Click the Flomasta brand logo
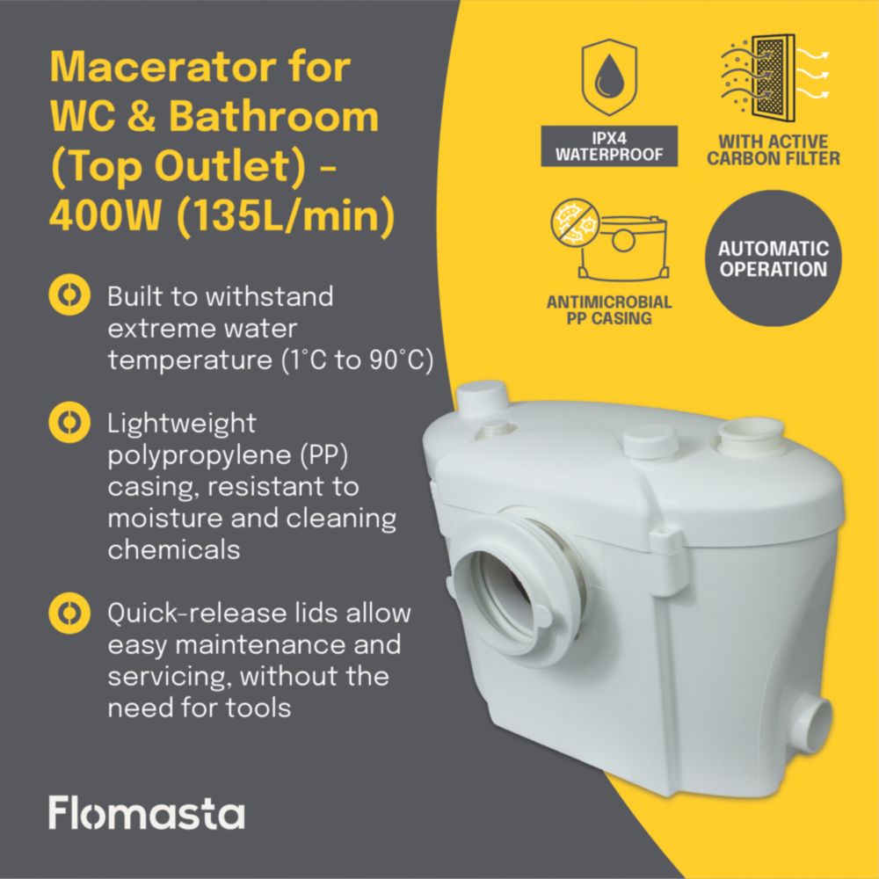point(146,812)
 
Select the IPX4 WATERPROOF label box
point(609,146)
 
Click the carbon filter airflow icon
point(774,77)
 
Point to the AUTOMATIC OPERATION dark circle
point(773,258)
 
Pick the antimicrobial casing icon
point(609,240)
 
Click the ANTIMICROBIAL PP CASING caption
point(609,310)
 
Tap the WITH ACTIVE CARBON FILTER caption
point(773,149)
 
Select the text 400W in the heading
point(105,216)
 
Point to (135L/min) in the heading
point(286,217)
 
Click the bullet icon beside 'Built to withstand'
point(69,294)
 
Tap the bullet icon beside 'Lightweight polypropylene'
point(69,422)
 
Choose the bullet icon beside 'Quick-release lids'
point(69,613)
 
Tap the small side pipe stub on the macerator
point(813,724)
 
